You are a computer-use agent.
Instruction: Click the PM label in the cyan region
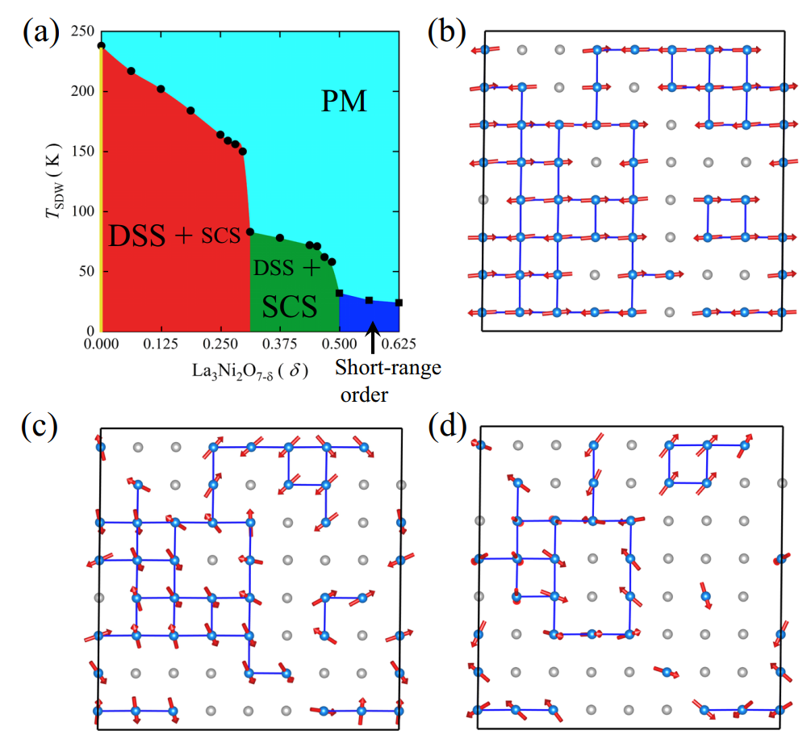(345, 102)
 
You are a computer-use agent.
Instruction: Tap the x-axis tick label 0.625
(399, 344)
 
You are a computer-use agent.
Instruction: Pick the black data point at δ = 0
(101, 46)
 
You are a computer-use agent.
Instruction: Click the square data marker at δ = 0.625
(399, 303)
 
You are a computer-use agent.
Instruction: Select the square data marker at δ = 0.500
(340, 293)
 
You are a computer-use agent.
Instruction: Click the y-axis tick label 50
(86, 271)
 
